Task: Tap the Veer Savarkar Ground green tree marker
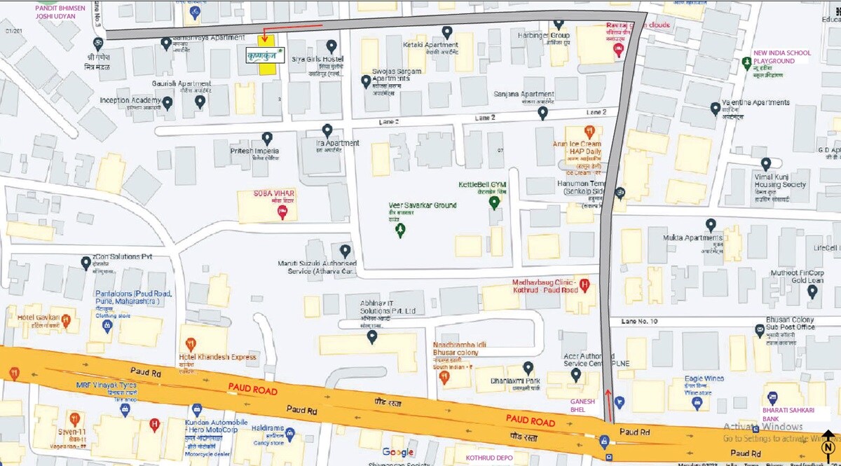(400, 229)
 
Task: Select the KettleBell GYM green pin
(494, 203)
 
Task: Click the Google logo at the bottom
(398, 452)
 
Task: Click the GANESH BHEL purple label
(582, 405)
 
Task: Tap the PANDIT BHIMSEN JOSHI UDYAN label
(60, 12)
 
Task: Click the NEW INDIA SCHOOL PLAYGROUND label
(781, 57)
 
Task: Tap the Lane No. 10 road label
(638, 321)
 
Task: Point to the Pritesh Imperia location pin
(267, 138)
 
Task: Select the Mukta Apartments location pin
(711, 225)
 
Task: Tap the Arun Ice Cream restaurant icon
(589, 131)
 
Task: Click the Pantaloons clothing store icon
(107, 327)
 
